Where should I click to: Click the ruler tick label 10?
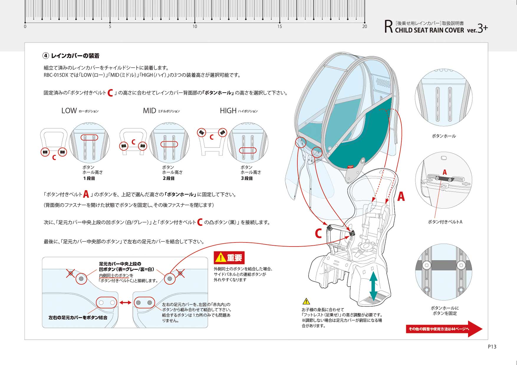pyautogui.click(x=195, y=27)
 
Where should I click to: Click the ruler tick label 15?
pyautogui.click(x=279, y=27)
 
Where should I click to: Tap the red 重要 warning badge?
pyautogui.click(x=229, y=258)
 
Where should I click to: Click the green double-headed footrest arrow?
pyautogui.click(x=373, y=286)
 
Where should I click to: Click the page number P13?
pyautogui.click(x=492, y=347)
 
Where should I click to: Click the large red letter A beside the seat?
pyautogui.click(x=401, y=196)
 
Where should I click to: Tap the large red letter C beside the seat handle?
pyautogui.click(x=318, y=234)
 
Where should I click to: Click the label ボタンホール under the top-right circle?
pyautogui.click(x=444, y=136)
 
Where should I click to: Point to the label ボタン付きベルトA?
pyautogui.click(x=445, y=222)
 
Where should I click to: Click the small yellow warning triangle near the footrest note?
pyautogui.click(x=306, y=301)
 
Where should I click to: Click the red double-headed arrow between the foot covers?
pyautogui.click(x=125, y=303)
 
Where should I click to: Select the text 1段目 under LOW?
pyautogui.click(x=89, y=178)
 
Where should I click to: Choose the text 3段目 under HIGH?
pyautogui.click(x=247, y=178)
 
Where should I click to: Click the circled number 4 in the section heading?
pyautogui.click(x=46, y=56)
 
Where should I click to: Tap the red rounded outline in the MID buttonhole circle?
pyautogui.click(x=169, y=144)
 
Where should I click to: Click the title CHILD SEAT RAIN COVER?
pyautogui.click(x=429, y=30)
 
